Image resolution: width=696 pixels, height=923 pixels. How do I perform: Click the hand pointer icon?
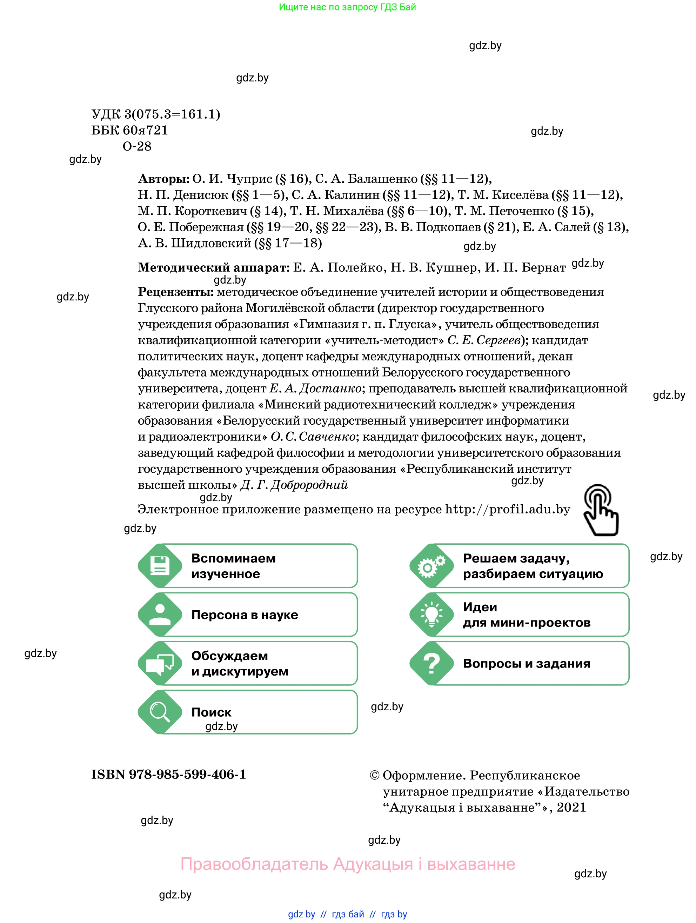(601, 510)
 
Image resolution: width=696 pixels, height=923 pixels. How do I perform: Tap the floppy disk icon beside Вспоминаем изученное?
(160, 565)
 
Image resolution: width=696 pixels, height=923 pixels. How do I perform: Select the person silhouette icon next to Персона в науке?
(160, 614)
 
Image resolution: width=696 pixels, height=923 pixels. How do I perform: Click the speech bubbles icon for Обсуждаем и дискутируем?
(160, 663)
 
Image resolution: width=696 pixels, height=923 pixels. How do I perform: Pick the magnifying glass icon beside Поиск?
(160, 712)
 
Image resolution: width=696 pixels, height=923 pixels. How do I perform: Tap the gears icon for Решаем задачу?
(431, 565)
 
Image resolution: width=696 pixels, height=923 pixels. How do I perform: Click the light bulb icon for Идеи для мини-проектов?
(431, 614)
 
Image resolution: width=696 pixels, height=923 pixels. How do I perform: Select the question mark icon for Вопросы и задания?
(431, 663)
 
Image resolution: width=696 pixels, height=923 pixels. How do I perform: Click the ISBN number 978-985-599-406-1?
(187, 775)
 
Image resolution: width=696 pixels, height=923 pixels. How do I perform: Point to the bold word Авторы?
(163, 179)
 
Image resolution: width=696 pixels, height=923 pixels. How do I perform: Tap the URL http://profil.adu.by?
(507, 510)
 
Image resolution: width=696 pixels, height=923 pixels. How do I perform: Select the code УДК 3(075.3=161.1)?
(155, 114)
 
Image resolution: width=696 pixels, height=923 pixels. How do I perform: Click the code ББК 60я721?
(129, 130)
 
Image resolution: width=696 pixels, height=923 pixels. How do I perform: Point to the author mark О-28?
(137, 146)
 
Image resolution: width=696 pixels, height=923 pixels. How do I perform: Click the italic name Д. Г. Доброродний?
(294, 485)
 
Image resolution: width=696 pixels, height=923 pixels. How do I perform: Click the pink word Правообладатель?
(254, 864)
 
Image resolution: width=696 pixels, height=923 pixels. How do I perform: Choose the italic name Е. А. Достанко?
(315, 389)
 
